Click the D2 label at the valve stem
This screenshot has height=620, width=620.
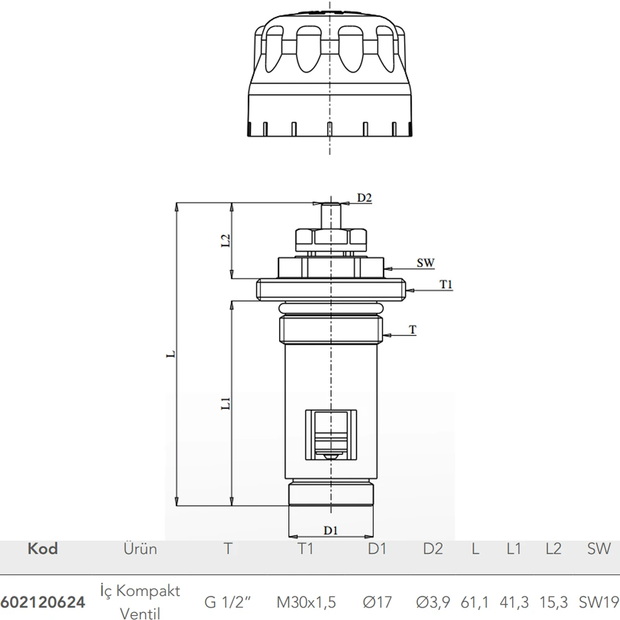tap(364, 197)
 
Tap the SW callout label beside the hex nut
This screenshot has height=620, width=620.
tap(425, 262)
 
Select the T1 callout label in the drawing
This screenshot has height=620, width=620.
tap(446, 285)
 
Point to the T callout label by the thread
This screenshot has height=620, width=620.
tap(412, 329)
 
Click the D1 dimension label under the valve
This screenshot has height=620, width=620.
tap(330, 530)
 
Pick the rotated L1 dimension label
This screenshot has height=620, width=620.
tap(225, 404)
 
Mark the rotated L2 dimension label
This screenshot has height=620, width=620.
tap(225, 241)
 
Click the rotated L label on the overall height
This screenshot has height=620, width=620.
tap(170, 353)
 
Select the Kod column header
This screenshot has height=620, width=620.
tap(43, 549)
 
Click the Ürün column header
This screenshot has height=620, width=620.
tap(140, 549)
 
